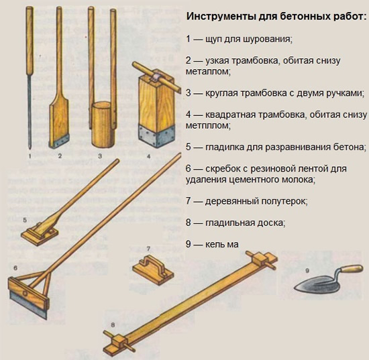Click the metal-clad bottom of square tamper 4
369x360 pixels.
click(156, 133)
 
